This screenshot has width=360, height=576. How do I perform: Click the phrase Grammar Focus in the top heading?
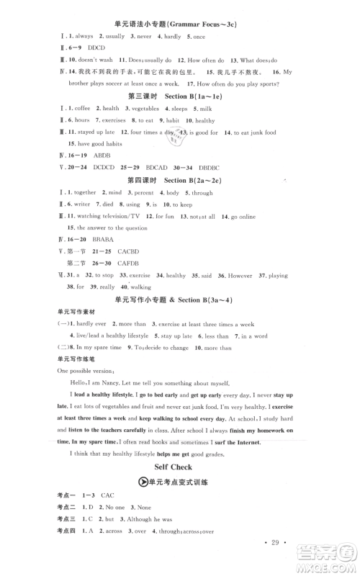tap(200, 24)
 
